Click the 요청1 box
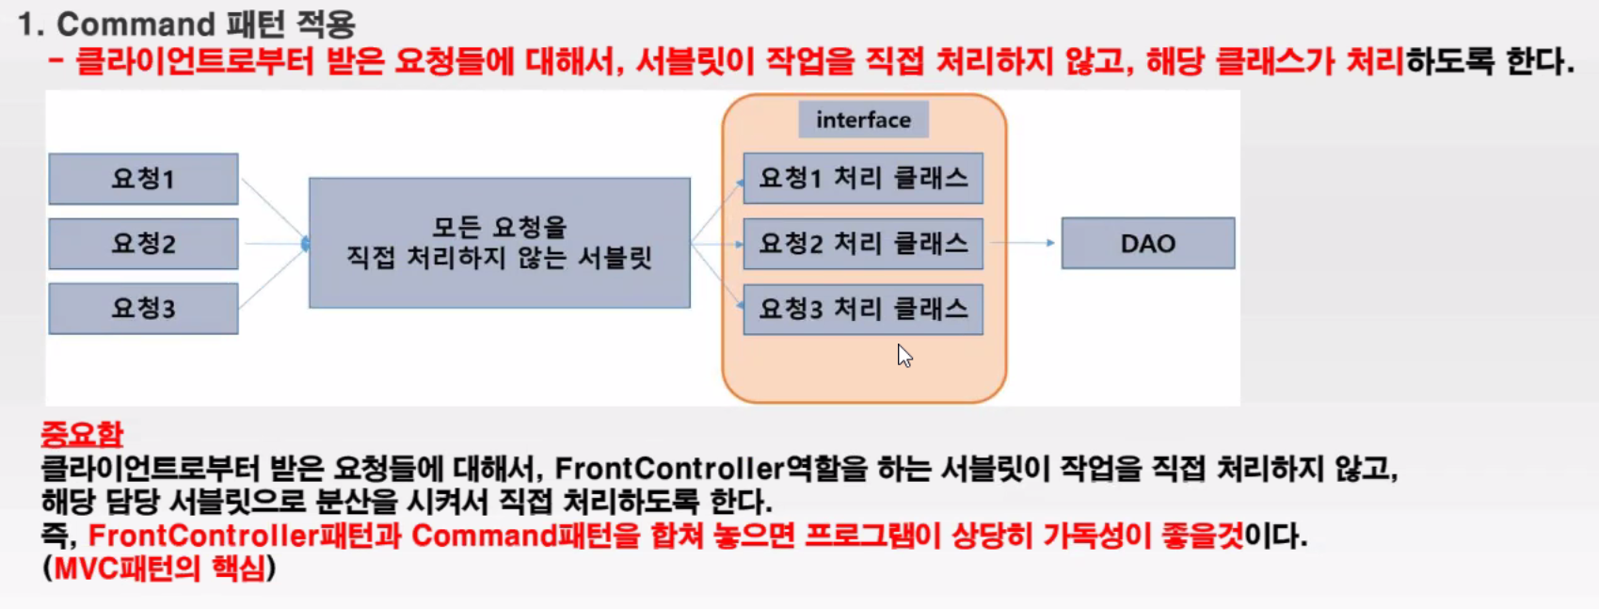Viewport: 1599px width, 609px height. point(143,179)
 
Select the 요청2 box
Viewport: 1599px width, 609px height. point(143,244)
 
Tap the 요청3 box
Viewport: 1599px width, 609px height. point(143,309)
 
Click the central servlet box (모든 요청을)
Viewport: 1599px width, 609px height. point(499,243)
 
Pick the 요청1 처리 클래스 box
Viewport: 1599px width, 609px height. point(863,179)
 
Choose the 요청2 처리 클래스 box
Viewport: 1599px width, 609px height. point(863,244)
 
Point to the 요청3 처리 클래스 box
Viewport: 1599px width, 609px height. point(863,309)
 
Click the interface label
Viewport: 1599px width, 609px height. point(863,120)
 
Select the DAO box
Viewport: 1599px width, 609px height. point(1148,244)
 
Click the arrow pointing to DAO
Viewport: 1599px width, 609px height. point(1023,243)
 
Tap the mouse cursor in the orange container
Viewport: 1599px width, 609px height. point(904,356)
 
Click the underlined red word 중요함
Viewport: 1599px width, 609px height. point(82,434)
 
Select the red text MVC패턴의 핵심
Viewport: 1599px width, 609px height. point(159,569)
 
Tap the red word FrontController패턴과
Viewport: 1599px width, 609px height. point(245,536)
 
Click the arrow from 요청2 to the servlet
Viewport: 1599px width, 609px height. point(274,244)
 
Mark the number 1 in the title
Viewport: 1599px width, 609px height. point(29,24)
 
